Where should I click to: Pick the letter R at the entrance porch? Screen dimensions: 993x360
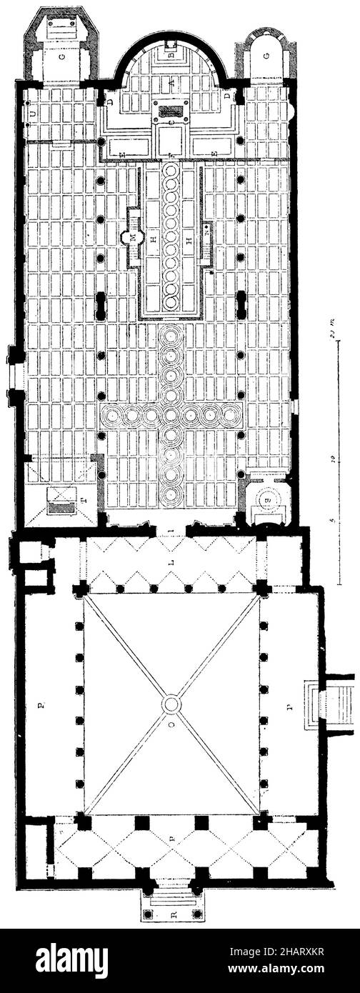(x=171, y=914)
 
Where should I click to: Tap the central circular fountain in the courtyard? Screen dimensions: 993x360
(x=171, y=704)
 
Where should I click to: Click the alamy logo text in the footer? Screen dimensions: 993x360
(x=71, y=960)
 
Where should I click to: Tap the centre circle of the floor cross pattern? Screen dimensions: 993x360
(x=171, y=414)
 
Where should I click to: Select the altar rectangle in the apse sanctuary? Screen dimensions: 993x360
(x=171, y=111)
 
